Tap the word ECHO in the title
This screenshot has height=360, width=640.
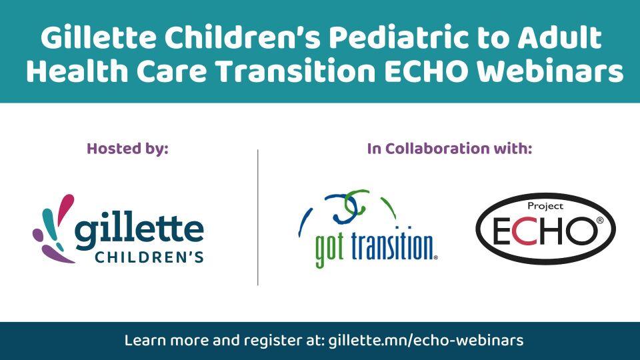(426, 71)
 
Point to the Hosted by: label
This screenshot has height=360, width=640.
(127, 149)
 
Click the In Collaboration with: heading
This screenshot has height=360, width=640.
(449, 149)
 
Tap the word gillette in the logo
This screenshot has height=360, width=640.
(139, 230)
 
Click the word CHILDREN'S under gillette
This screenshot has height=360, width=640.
(149, 257)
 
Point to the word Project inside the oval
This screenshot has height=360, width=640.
(545, 206)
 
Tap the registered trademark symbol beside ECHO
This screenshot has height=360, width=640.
(599, 221)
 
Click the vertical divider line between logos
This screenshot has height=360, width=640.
(258, 217)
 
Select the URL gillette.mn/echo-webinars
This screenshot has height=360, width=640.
(426, 341)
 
